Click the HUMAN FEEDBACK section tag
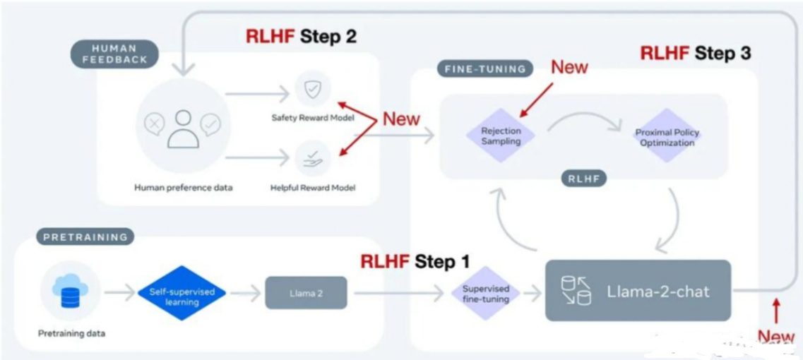(114, 54)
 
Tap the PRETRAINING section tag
(85, 236)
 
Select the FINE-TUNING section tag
(484, 69)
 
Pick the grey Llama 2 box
(306, 292)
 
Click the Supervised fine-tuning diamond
(486, 294)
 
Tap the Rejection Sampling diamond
(501, 136)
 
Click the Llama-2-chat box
(638, 290)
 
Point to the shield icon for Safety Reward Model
(312, 90)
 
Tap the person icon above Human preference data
(183, 128)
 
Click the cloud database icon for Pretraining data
(70, 291)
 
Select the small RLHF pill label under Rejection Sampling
(583, 179)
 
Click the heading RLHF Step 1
(415, 262)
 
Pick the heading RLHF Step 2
(301, 37)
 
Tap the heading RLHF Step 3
(695, 53)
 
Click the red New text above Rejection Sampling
(569, 67)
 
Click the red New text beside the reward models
(401, 119)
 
